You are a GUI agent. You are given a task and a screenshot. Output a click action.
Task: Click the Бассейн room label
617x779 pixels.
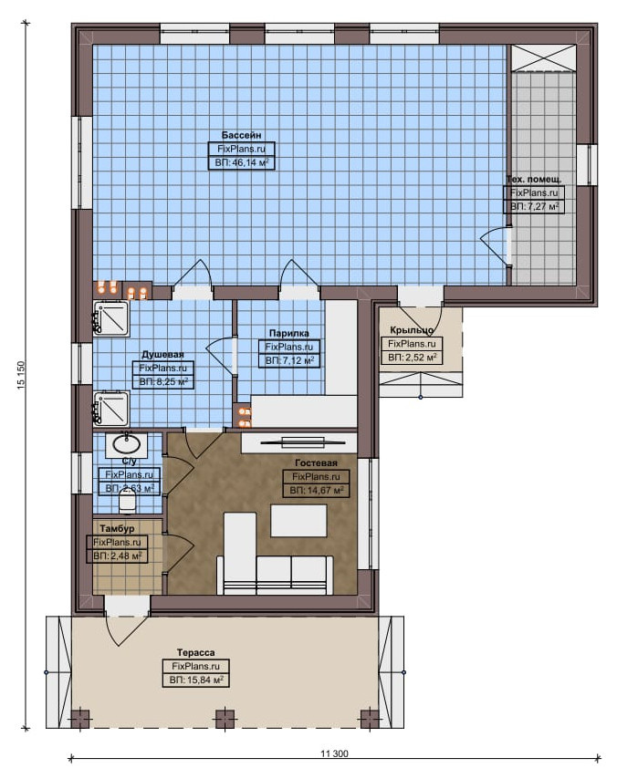tap(241, 135)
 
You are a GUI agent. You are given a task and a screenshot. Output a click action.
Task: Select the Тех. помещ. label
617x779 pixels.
tap(533, 180)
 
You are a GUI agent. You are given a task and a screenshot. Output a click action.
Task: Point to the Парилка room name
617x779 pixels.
tap(288, 333)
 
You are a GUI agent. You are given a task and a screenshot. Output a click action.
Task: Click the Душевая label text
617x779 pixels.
tap(162, 355)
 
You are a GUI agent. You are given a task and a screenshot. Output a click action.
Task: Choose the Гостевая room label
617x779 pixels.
tap(316, 463)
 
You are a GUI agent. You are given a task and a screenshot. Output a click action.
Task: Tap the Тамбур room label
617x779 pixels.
tap(117, 529)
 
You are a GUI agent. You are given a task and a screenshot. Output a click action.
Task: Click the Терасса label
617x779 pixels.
tap(196, 652)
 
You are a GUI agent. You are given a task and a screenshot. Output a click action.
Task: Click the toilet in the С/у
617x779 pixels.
tap(128, 499)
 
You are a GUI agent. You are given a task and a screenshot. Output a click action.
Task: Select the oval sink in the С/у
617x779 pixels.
tap(126, 443)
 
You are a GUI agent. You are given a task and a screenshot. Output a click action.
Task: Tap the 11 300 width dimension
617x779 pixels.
tap(334, 753)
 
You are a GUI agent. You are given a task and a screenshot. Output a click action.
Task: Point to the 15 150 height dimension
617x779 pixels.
tap(21, 375)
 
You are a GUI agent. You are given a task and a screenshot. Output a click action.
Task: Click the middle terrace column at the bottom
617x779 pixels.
tap(225, 720)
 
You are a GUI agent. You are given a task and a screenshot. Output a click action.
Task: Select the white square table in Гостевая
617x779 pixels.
tap(298, 521)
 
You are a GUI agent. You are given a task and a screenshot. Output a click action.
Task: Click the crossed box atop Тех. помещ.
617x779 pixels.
tap(544, 58)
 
